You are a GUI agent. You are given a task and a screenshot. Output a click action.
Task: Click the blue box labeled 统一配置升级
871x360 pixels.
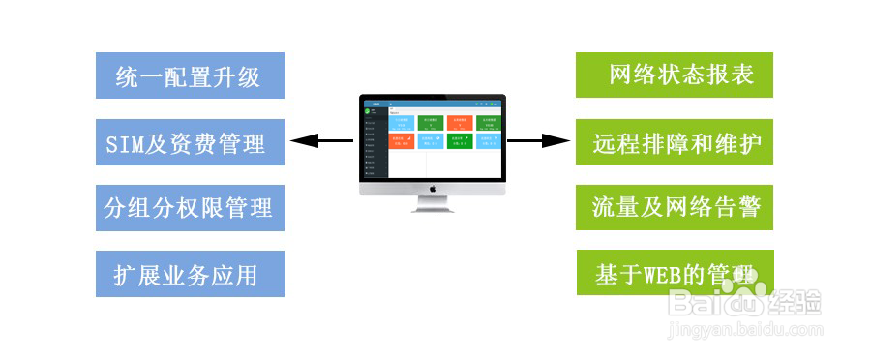(x=190, y=75)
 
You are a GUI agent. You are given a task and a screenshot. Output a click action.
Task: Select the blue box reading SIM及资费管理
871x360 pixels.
(x=190, y=142)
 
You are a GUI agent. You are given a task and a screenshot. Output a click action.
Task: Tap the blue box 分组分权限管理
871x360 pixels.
(x=190, y=207)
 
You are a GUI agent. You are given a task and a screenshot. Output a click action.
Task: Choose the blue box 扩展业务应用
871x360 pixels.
(x=190, y=274)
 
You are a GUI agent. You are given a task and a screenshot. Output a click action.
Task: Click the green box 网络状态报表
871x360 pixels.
(x=675, y=75)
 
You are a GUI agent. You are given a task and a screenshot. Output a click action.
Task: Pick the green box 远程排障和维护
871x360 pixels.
(x=675, y=142)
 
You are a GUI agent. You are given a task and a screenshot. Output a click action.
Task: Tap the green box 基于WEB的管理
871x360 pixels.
(x=675, y=273)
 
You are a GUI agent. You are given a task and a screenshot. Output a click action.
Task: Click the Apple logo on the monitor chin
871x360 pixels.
(x=433, y=188)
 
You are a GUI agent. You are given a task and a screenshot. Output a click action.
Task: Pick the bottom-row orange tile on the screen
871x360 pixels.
(x=403, y=143)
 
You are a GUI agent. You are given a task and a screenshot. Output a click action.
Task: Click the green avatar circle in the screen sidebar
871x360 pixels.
(x=368, y=111)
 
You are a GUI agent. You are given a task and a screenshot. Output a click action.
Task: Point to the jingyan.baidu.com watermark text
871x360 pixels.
(x=745, y=330)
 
